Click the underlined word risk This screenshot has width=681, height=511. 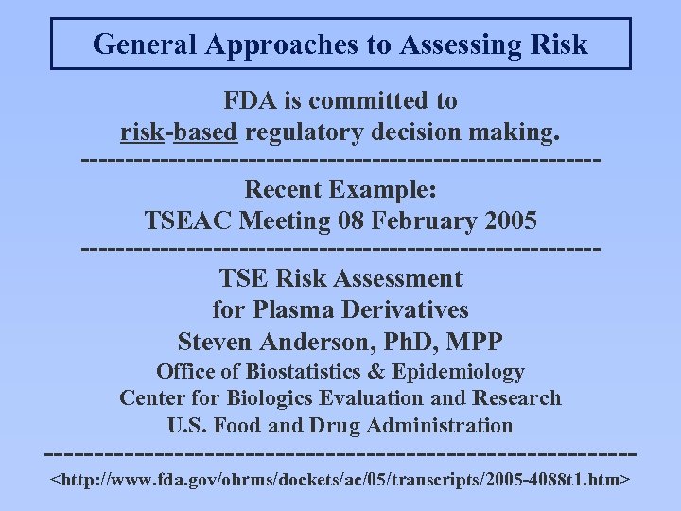[x=143, y=132]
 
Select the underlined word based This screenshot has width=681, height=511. [x=204, y=132]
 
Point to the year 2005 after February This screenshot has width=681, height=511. [x=509, y=220]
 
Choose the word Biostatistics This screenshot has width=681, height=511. [x=315, y=372]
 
